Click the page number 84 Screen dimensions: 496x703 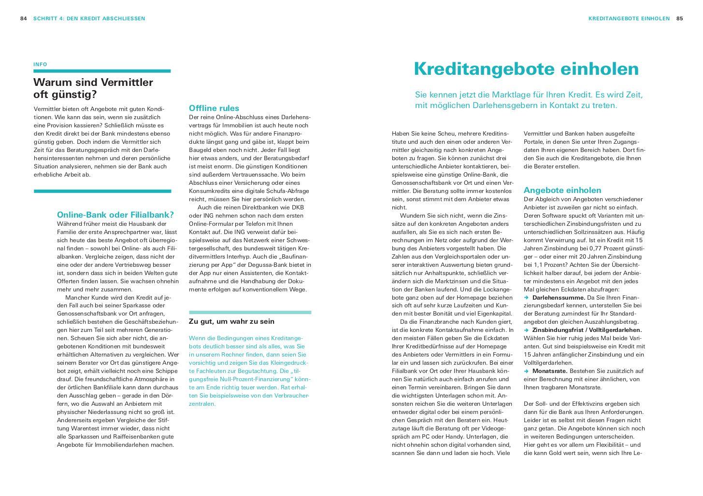click(x=23, y=19)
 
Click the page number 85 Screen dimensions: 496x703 click(x=679, y=19)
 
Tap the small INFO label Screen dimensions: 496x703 click(x=40, y=64)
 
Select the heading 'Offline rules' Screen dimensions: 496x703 click(x=214, y=108)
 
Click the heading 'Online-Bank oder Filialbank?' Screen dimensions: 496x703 click(x=115, y=215)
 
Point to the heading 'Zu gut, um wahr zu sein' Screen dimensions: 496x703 click(x=231, y=321)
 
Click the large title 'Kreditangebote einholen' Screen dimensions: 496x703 click(x=526, y=69)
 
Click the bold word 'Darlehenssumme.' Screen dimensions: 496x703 click(x=559, y=298)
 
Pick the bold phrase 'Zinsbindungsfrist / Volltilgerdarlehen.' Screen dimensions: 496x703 click(x=587, y=330)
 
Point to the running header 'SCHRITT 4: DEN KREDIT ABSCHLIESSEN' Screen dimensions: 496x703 click(x=89, y=19)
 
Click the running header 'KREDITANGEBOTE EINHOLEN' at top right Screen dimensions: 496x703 click(x=629, y=19)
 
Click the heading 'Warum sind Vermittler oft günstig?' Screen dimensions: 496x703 click(x=93, y=88)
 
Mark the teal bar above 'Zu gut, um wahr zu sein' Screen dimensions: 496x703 click(x=250, y=312)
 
